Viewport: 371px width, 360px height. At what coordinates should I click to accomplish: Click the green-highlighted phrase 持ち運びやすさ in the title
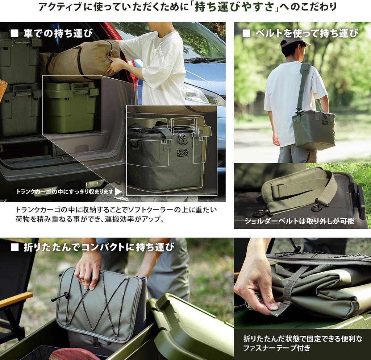(234, 7)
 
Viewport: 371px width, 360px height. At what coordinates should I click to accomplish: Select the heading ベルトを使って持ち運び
(307, 33)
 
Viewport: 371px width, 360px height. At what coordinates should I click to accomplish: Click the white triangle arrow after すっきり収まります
(118, 191)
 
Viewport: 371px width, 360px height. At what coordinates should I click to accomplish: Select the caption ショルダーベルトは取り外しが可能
(299, 221)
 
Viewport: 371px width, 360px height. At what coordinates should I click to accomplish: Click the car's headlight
(203, 95)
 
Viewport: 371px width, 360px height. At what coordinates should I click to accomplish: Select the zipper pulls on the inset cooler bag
(183, 138)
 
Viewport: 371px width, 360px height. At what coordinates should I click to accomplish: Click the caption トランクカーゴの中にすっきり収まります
(64, 192)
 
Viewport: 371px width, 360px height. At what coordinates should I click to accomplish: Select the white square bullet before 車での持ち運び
(14, 34)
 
